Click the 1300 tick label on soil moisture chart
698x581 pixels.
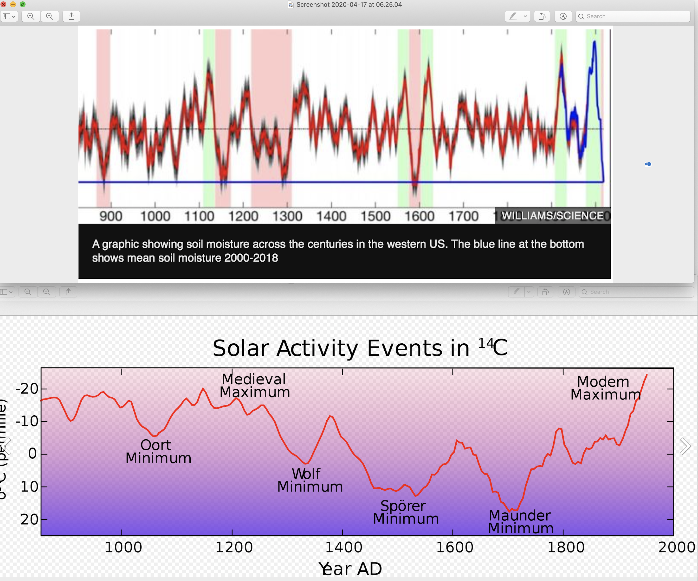287,216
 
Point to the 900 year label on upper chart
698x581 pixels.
111,216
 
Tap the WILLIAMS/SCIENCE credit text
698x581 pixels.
552,216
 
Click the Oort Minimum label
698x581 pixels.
158,452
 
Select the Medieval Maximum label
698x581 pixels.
255,386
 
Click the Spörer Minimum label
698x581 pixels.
406,512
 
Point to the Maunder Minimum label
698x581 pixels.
521,522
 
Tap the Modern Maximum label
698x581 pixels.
605,388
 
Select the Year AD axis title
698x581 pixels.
350,569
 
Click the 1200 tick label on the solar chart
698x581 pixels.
234,547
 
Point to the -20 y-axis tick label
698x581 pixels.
27,389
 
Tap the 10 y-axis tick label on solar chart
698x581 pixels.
30,487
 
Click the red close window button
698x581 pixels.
3,4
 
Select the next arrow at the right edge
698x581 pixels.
685,446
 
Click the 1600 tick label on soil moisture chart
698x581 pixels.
419,216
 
